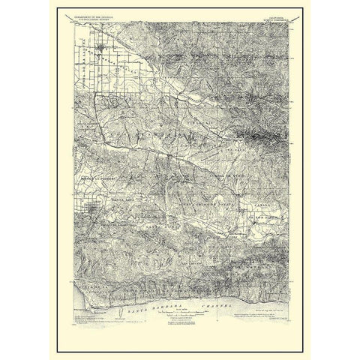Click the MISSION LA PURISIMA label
[94, 180]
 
